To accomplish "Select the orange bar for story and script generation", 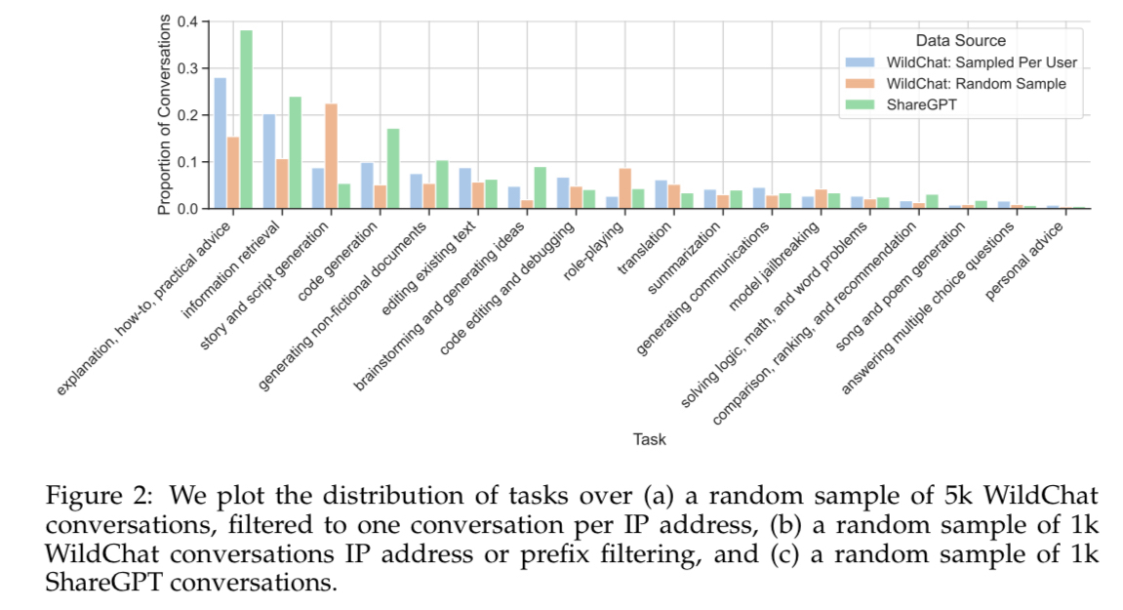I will click(331, 155).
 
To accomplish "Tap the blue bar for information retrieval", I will click(269, 161).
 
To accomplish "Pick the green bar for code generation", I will click(393, 168).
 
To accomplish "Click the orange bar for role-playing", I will click(624, 188).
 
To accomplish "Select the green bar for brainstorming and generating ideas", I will click(540, 187).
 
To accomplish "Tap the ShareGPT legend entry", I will click(920, 104).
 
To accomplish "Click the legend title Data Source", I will click(960, 41).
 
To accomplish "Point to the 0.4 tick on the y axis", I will click(188, 21).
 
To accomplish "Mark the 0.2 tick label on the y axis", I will click(188, 115).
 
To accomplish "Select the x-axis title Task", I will click(649, 439).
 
